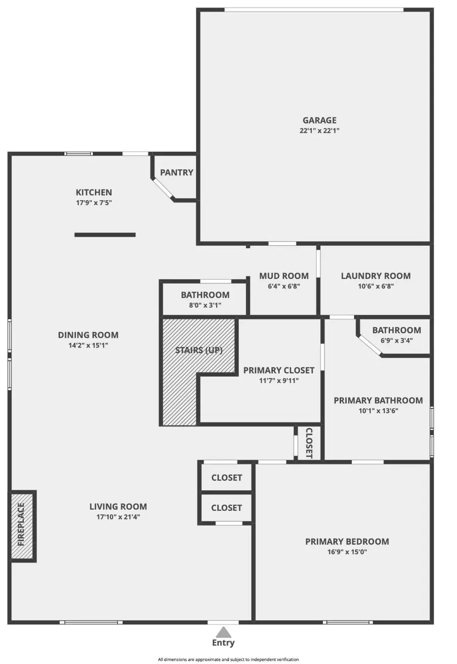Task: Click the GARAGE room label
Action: (x=319, y=120)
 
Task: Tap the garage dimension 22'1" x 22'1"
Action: (x=319, y=130)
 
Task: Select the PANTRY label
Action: (x=177, y=173)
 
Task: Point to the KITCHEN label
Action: (x=94, y=192)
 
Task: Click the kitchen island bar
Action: (x=105, y=235)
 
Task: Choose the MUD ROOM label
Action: (x=284, y=276)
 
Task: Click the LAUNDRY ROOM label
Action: (x=376, y=276)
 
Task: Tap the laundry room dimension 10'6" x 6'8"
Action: (x=376, y=286)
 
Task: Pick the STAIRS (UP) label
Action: (x=199, y=350)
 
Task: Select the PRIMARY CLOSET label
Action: (x=279, y=370)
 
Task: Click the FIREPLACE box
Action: (x=22, y=526)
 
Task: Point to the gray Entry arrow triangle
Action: (x=223, y=632)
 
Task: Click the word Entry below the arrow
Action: (x=223, y=643)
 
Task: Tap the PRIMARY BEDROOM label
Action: (x=347, y=542)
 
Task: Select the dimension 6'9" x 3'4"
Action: (x=397, y=341)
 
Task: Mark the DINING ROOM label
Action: (x=88, y=335)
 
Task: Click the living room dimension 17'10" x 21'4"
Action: (x=118, y=517)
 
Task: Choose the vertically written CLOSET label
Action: (x=309, y=443)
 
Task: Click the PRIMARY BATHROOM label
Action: (x=378, y=401)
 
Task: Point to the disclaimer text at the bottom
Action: (x=228, y=659)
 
